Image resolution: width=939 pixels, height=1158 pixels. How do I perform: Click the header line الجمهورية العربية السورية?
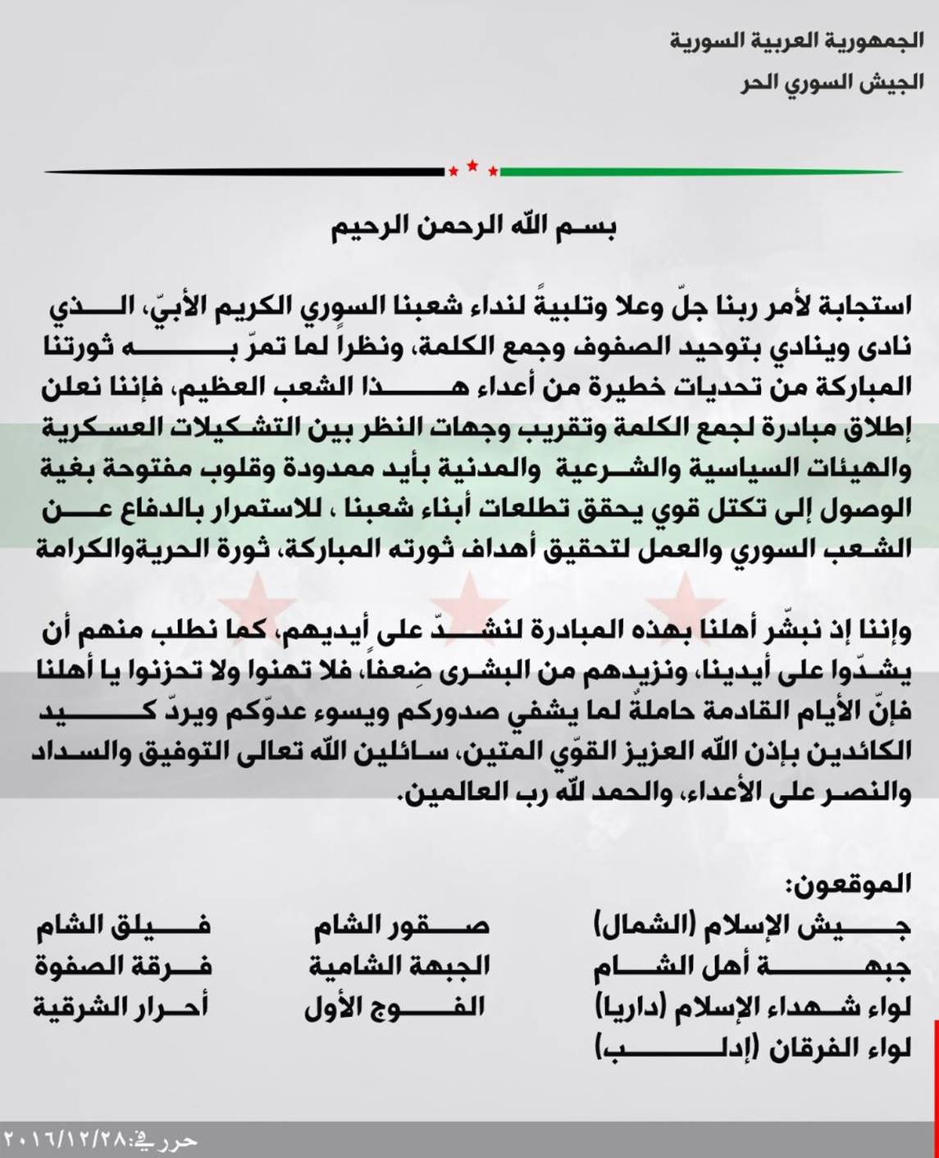795,40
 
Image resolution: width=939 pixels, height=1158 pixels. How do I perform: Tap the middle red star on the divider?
472,166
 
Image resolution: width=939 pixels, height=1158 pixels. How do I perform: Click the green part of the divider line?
697,172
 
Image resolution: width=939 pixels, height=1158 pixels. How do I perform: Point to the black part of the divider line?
246,172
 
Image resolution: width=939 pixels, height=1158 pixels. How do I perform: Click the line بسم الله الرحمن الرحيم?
473,228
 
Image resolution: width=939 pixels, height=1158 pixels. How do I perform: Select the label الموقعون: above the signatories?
849,883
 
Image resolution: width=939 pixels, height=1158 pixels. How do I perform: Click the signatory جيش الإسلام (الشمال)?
752,925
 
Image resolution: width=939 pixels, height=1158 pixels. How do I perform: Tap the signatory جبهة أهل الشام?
752,967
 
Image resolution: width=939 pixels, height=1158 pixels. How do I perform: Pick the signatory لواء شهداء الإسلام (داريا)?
752,1009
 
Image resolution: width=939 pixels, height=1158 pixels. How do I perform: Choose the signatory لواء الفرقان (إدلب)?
752,1050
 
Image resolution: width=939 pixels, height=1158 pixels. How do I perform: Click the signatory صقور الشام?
401,925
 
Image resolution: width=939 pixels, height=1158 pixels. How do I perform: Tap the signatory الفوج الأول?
394,1007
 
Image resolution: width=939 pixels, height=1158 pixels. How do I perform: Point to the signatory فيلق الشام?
123,925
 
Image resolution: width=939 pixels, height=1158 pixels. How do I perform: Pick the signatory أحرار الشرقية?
121,1007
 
